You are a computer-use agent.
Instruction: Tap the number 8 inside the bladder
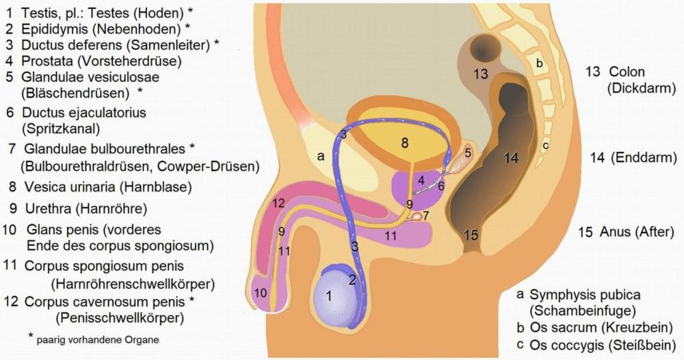click(405, 143)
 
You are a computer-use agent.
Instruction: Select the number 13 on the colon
click(481, 74)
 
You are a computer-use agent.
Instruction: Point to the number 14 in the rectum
click(511, 158)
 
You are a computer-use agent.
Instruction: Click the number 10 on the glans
click(261, 293)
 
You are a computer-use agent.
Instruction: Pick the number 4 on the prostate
click(422, 179)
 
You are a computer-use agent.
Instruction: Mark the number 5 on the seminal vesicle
click(468, 151)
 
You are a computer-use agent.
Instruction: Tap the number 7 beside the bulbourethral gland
click(426, 216)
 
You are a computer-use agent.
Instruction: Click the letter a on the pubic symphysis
click(320, 157)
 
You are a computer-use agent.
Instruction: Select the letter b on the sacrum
click(539, 64)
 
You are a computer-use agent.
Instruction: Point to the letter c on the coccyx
click(545, 145)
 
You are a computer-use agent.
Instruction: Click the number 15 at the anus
click(470, 235)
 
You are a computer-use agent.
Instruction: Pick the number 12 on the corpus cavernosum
click(277, 203)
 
